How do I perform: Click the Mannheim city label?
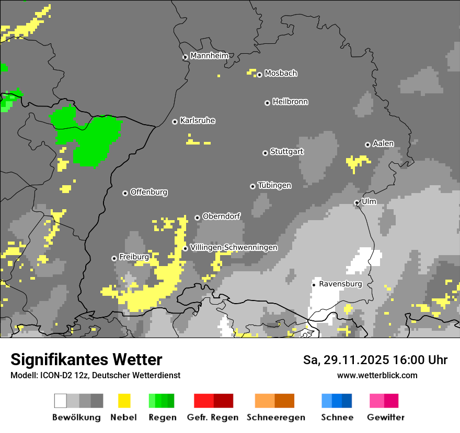point(209,56)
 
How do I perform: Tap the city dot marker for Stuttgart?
point(265,153)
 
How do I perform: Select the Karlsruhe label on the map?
point(198,121)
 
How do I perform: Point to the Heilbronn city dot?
point(267,103)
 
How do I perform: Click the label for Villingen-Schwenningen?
point(234,247)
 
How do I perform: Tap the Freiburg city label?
point(134,257)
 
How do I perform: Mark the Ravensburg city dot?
point(314,285)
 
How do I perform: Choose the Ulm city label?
point(369,201)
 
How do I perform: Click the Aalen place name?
point(383,143)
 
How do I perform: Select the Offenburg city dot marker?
point(125,193)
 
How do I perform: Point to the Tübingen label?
point(274,186)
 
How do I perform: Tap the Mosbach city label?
point(281,74)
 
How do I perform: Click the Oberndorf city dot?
point(197,218)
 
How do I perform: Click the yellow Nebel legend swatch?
point(124,401)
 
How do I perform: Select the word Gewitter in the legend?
point(385,417)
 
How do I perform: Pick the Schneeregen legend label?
point(275,417)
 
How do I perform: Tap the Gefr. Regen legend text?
point(213,417)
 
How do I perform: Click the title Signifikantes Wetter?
point(86,359)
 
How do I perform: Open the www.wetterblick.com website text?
point(377,375)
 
